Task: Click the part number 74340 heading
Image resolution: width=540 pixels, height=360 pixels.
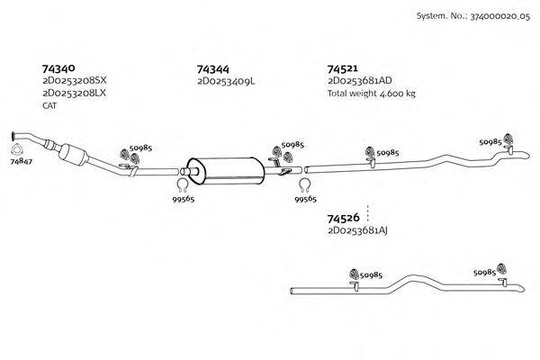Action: [x=58, y=67]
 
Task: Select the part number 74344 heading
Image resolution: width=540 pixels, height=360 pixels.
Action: [x=212, y=68]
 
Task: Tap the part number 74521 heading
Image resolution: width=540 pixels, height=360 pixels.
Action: [x=343, y=68]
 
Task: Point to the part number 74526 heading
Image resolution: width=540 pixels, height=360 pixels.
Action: [x=343, y=219]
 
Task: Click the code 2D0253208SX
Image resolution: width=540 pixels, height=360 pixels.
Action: [x=74, y=81]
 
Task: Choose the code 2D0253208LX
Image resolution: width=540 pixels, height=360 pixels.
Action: [x=74, y=93]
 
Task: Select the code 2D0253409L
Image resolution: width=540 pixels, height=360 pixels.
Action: [x=226, y=81]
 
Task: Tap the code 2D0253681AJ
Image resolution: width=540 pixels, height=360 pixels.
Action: [x=357, y=231]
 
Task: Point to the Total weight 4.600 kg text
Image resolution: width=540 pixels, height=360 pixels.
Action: [x=371, y=93]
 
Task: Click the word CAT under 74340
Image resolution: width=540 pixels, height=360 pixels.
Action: [x=49, y=105]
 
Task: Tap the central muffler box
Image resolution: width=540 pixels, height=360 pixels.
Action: [x=225, y=168]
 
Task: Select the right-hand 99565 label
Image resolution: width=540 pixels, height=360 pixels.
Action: [x=306, y=201]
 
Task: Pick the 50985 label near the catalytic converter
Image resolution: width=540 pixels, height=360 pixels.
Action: [x=140, y=148]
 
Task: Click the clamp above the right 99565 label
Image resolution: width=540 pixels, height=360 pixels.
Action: [x=304, y=186]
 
